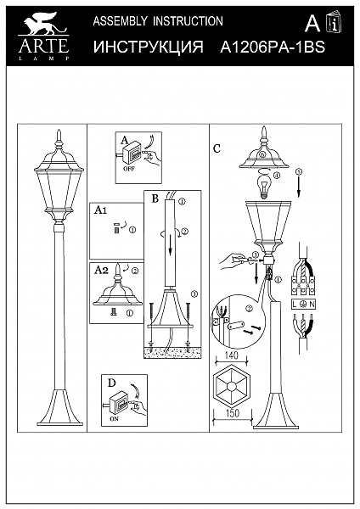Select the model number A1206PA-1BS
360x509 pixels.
pyautogui.click(x=273, y=48)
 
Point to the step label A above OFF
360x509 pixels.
pyautogui.click(x=123, y=140)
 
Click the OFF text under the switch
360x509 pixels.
pyautogui.click(x=130, y=168)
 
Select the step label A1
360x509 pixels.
pyautogui.click(x=99, y=208)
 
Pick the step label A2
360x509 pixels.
pyautogui.click(x=99, y=270)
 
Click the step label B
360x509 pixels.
pyautogui.click(x=155, y=199)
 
